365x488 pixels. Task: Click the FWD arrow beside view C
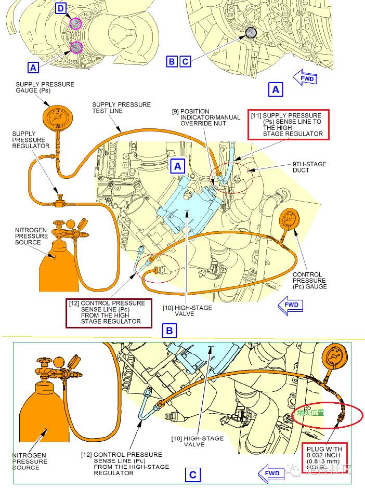(271, 473)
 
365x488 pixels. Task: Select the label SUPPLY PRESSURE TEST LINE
(121, 108)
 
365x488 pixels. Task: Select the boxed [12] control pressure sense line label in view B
(109, 312)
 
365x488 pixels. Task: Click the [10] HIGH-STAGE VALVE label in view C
(197, 441)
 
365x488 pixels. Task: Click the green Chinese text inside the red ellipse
(311, 413)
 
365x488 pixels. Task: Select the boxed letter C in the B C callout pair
(185, 61)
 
